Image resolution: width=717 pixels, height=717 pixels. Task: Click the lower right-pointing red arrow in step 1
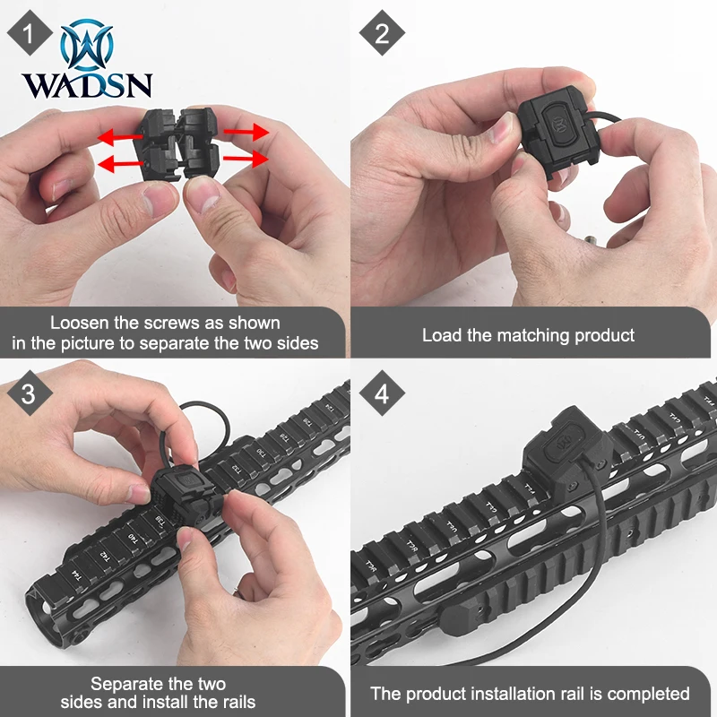[246, 159]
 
